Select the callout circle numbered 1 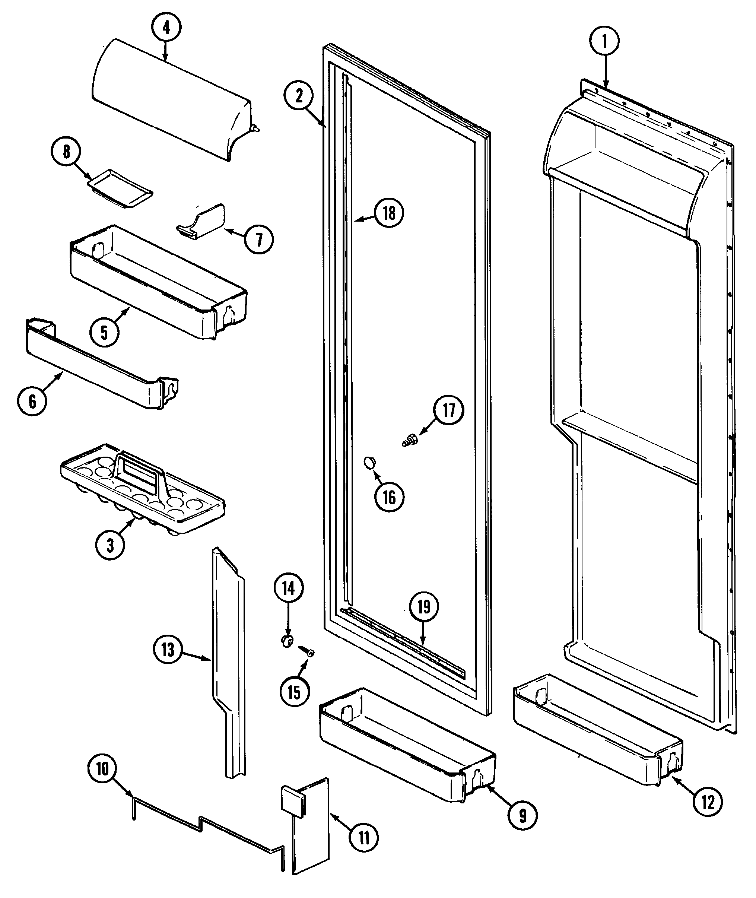coord(605,42)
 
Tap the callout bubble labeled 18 coord(389,213)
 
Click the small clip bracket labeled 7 coord(201,221)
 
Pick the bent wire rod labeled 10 coord(206,825)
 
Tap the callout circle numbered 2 coord(299,96)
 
